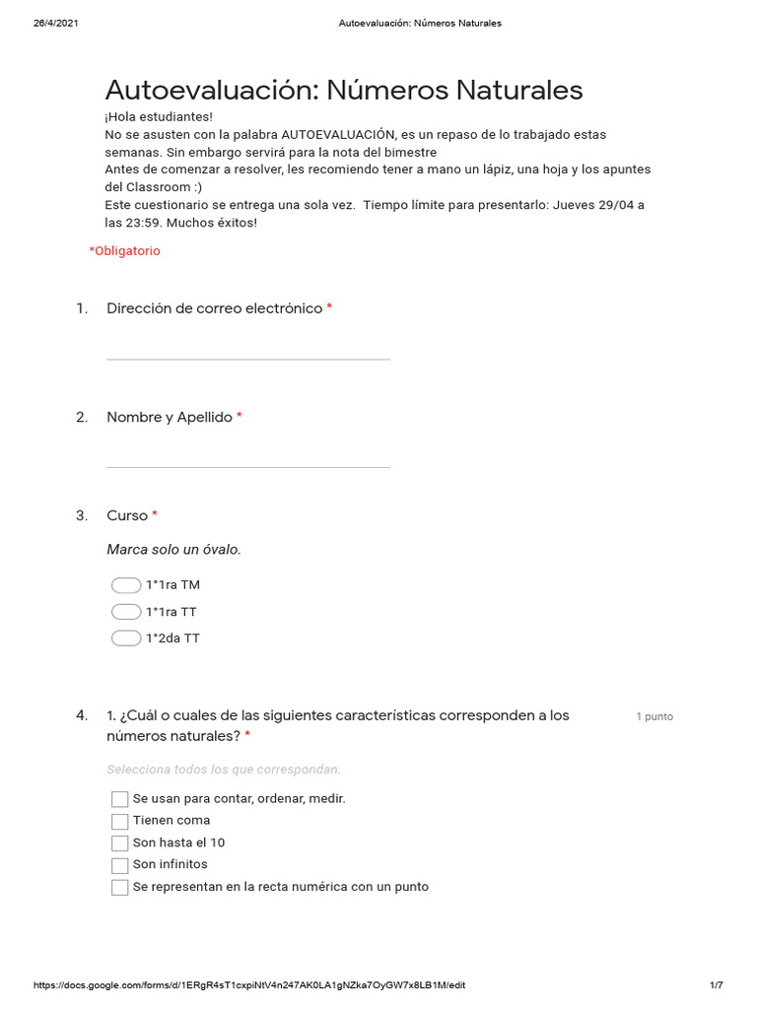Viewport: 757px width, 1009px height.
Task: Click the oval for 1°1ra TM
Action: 126,585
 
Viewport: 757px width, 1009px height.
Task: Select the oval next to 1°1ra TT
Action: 126,612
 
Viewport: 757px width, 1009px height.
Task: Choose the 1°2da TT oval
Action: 126,639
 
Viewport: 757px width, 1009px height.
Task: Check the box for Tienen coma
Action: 120,821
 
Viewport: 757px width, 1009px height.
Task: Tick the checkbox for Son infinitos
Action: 120,865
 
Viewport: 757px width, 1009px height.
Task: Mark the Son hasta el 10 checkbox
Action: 120,843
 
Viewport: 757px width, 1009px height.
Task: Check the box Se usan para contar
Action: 120,799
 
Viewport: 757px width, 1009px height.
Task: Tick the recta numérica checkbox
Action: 120,888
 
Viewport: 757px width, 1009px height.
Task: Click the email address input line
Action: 247,349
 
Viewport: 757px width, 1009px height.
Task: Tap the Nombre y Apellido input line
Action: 247,457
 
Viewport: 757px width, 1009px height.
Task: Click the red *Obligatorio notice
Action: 124,251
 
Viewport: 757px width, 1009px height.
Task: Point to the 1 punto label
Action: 654,717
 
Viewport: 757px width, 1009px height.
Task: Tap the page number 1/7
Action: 716,985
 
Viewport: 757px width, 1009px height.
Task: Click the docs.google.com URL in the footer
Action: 249,985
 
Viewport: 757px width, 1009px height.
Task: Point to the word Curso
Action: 127,516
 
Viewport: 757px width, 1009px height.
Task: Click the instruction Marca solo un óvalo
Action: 173,550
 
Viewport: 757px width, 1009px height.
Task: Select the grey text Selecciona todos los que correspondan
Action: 224,770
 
